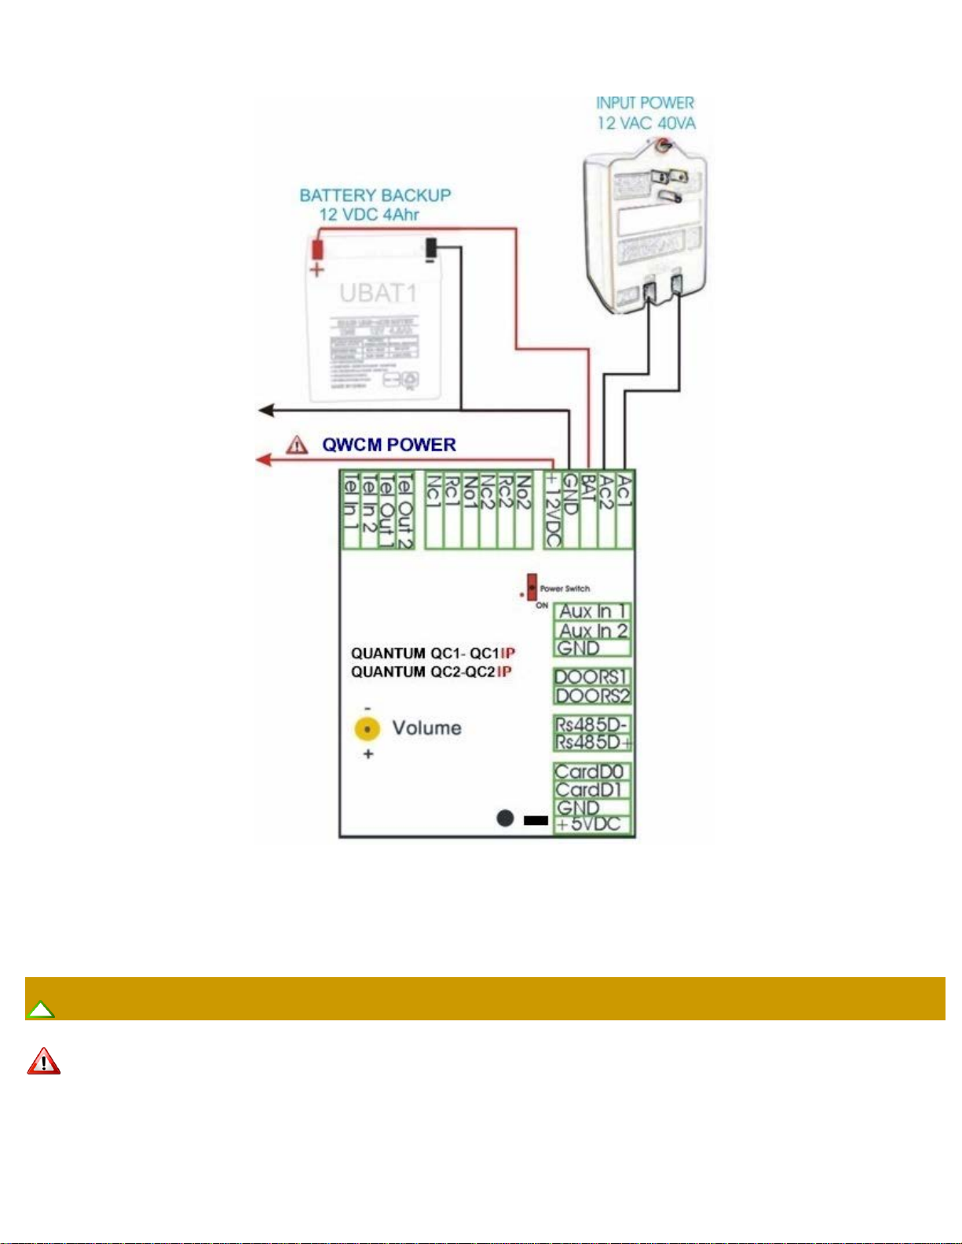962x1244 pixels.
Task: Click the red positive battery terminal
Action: (x=317, y=250)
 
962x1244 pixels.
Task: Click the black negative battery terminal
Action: (x=430, y=249)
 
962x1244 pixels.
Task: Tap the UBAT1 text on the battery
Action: (x=378, y=294)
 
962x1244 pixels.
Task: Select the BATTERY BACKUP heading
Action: (x=375, y=195)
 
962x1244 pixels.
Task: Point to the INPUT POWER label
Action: (x=645, y=103)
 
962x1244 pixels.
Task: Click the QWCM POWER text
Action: (x=389, y=445)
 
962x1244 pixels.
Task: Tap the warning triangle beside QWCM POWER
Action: (x=297, y=445)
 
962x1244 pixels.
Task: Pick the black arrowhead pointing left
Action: (x=266, y=410)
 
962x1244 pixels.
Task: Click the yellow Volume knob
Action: (x=367, y=729)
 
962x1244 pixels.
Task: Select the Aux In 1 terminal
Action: (x=592, y=611)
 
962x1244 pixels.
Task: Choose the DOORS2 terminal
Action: (x=592, y=696)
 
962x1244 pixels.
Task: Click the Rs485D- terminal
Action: (x=592, y=724)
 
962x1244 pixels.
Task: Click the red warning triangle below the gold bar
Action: (x=44, y=1061)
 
